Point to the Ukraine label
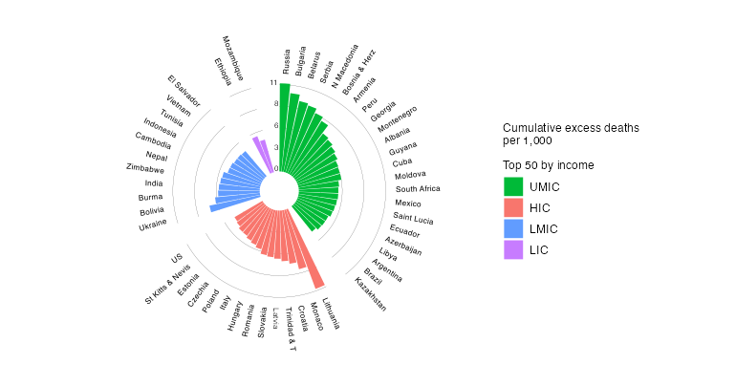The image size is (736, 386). [x=152, y=225]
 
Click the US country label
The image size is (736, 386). [x=177, y=258]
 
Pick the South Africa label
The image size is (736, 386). [x=418, y=188]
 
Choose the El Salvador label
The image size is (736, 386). [x=184, y=90]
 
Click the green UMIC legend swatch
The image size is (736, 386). [x=514, y=186]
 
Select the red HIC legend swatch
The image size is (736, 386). [x=514, y=207]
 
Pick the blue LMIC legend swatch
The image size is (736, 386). [x=514, y=228]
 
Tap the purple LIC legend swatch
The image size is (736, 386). [x=514, y=249]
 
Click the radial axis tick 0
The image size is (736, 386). [x=276, y=169]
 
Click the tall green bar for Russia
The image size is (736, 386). [x=285, y=124]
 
